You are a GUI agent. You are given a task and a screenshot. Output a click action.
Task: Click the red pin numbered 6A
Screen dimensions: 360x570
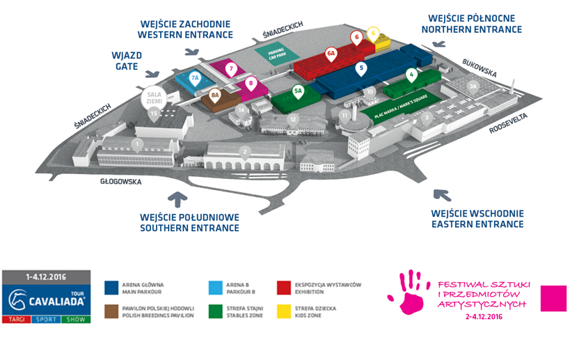331,53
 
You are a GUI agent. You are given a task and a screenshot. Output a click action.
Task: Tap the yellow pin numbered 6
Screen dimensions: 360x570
374,33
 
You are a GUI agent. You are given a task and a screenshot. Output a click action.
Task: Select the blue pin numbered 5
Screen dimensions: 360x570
361,69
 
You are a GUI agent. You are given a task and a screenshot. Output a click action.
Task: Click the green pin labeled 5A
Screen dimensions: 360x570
298,91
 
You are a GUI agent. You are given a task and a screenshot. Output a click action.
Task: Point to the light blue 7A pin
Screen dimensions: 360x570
196,79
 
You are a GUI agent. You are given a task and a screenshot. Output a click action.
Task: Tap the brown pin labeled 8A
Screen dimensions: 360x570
215,95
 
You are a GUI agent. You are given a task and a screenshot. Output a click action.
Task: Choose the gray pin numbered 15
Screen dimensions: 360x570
153,112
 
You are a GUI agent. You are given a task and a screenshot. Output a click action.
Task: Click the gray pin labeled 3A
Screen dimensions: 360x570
474,87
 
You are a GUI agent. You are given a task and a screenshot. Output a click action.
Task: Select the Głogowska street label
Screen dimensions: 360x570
120,182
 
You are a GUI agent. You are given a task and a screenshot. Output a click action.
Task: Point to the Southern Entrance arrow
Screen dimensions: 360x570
179,200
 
